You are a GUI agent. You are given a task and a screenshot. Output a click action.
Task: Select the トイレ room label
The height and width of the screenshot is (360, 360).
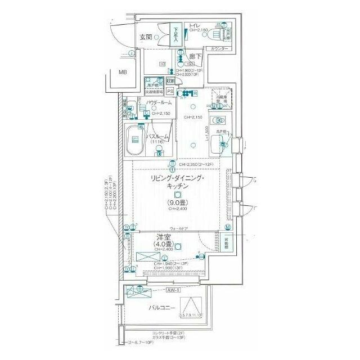pos(195,25)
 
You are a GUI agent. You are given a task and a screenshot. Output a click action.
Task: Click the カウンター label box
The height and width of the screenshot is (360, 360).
pos(219,49)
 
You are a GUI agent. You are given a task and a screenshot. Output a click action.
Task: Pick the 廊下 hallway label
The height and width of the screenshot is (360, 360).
pos(195,57)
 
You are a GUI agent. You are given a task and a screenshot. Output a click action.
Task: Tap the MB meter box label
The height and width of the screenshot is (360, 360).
pos(123,72)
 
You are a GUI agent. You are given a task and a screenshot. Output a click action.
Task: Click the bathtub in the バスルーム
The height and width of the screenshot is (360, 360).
pos(134,142)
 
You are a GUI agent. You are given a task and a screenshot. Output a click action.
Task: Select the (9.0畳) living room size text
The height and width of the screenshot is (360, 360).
pos(177,203)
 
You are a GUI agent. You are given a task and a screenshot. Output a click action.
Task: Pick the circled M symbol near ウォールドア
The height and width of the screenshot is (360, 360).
pos(228,227)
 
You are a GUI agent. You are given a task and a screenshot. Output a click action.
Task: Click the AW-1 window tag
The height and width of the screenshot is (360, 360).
pos(173,290)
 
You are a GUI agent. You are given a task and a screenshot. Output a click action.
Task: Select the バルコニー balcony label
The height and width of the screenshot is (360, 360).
pos(161,308)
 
